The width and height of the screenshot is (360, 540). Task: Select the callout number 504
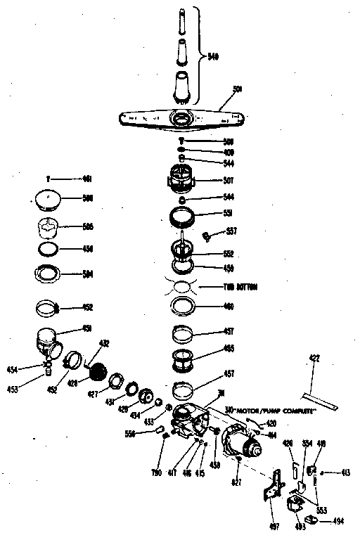click(88, 274)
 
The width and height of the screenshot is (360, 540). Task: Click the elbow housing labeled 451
click(51, 344)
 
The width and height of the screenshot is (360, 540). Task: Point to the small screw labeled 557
click(208, 236)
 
